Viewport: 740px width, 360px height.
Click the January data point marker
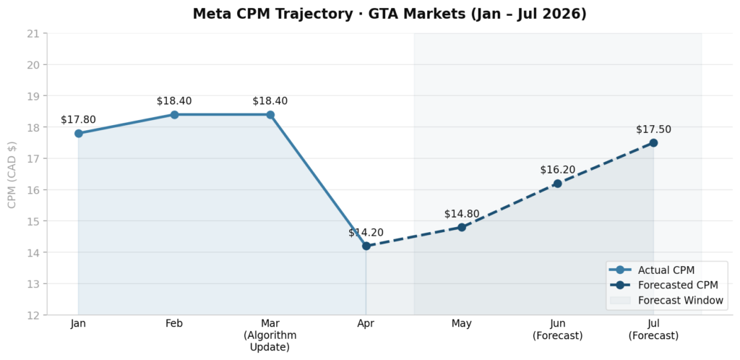(x=78, y=133)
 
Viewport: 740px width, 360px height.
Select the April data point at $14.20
(x=366, y=246)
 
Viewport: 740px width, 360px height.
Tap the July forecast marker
(x=653, y=142)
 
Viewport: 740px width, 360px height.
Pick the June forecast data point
(x=557, y=184)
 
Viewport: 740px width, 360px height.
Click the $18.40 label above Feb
(x=174, y=101)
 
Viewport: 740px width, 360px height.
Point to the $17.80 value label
(x=78, y=120)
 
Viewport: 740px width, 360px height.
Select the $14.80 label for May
(x=462, y=214)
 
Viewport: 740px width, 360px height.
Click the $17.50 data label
(x=653, y=129)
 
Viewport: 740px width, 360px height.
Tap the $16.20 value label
(x=557, y=170)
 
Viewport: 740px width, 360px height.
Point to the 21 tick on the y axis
(x=33, y=33)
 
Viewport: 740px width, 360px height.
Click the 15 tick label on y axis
(x=33, y=221)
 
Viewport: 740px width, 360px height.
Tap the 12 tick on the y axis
(x=33, y=315)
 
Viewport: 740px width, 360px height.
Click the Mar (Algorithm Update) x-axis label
(x=270, y=335)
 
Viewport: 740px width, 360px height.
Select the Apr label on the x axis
(x=366, y=324)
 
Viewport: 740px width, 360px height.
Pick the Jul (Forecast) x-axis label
(x=653, y=330)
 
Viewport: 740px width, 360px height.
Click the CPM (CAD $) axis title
(x=12, y=174)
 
